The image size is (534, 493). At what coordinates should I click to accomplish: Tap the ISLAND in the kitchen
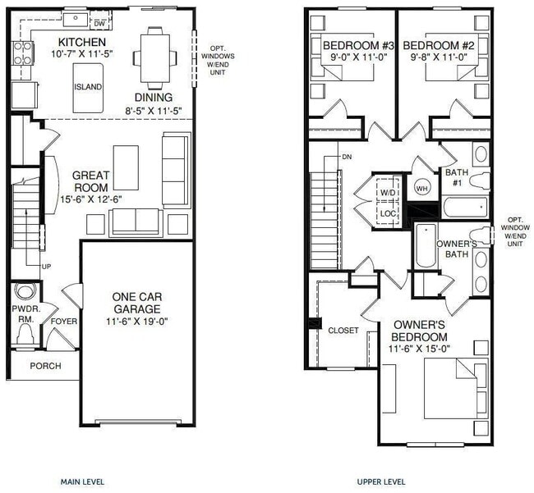88,86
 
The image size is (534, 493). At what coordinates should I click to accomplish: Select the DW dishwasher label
99,24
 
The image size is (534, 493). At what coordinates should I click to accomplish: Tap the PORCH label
45,365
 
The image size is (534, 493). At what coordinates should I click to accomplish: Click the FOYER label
63,322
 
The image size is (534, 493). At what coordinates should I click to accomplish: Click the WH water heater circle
424,187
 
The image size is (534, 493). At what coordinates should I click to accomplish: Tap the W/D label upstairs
387,193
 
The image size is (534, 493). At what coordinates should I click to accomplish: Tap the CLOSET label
343,331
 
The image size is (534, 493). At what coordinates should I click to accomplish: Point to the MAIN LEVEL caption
82,482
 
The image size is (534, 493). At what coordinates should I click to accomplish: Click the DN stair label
348,156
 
